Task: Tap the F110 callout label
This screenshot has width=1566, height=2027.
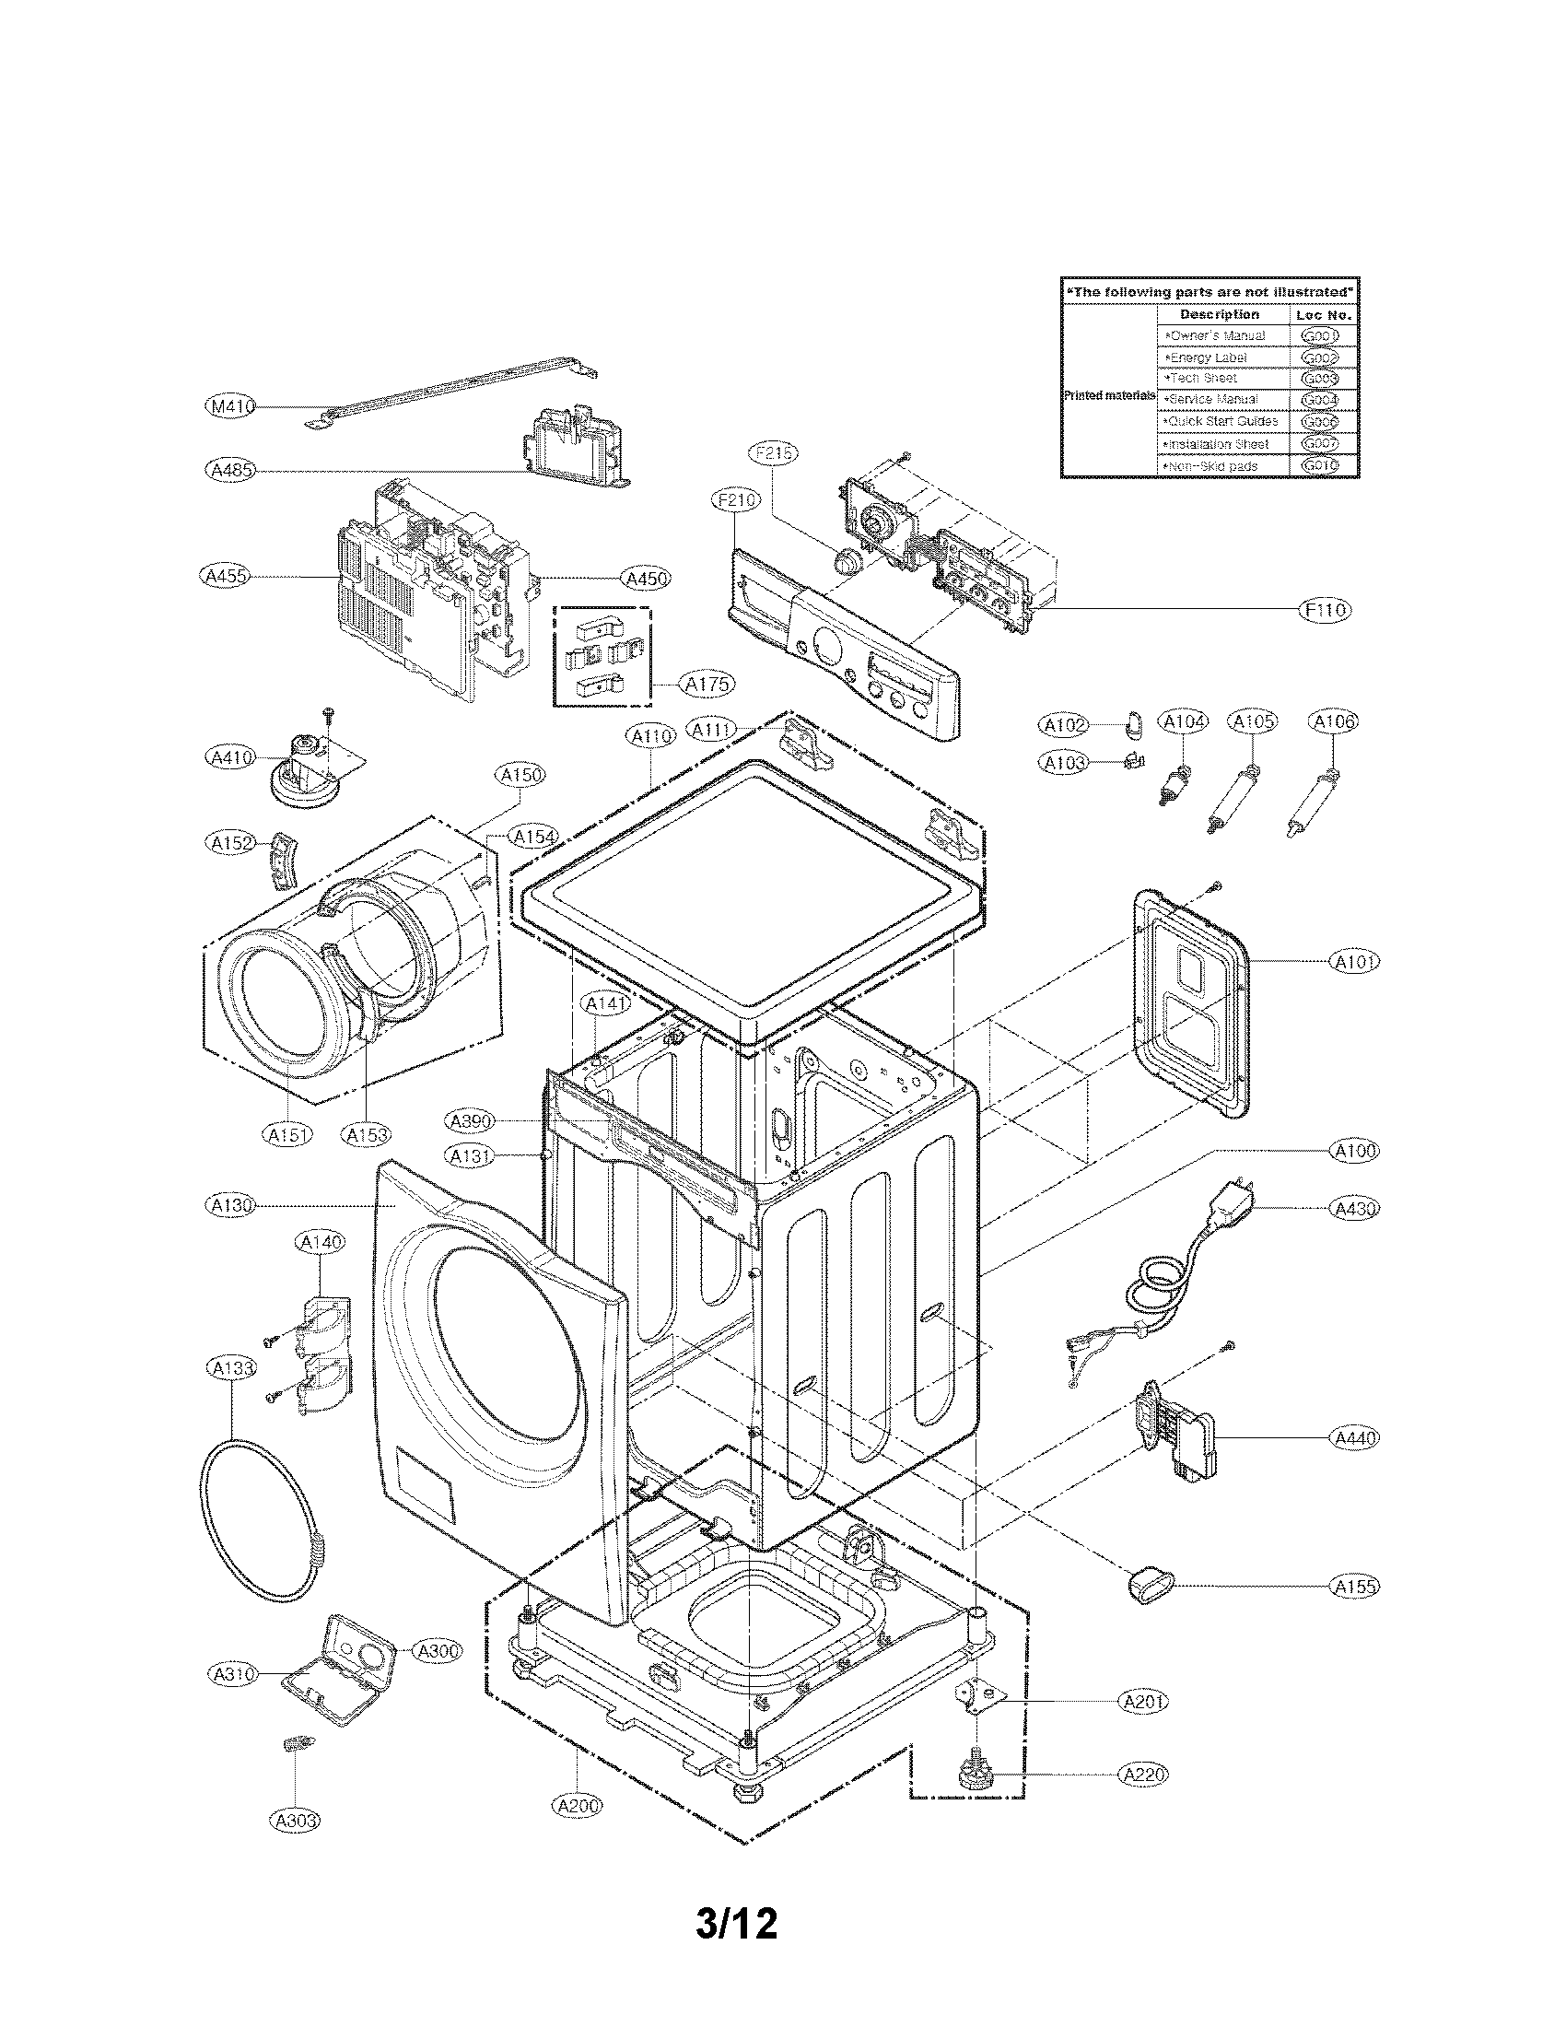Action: point(1325,609)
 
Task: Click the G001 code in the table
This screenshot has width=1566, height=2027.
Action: point(1318,336)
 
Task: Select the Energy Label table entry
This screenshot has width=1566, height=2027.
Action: point(1207,357)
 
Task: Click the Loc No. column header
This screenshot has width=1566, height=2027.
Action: point(1324,314)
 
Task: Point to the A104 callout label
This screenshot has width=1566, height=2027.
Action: point(1183,721)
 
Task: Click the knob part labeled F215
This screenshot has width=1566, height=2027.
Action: point(845,562)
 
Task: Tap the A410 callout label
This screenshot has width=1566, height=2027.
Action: point(228,757)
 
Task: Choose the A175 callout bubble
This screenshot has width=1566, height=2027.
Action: point(707,685)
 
